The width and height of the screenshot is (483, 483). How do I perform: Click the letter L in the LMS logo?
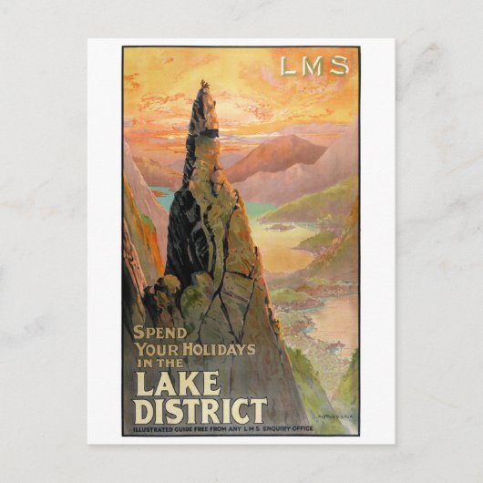coord(288,66)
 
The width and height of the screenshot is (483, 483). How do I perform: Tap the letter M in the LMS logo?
coord(313,66)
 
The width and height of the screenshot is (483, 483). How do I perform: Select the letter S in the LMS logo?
coord(339,66)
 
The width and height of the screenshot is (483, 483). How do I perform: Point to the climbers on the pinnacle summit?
coord(205,88)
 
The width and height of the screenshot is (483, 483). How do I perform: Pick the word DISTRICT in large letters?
coord(200,410)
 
